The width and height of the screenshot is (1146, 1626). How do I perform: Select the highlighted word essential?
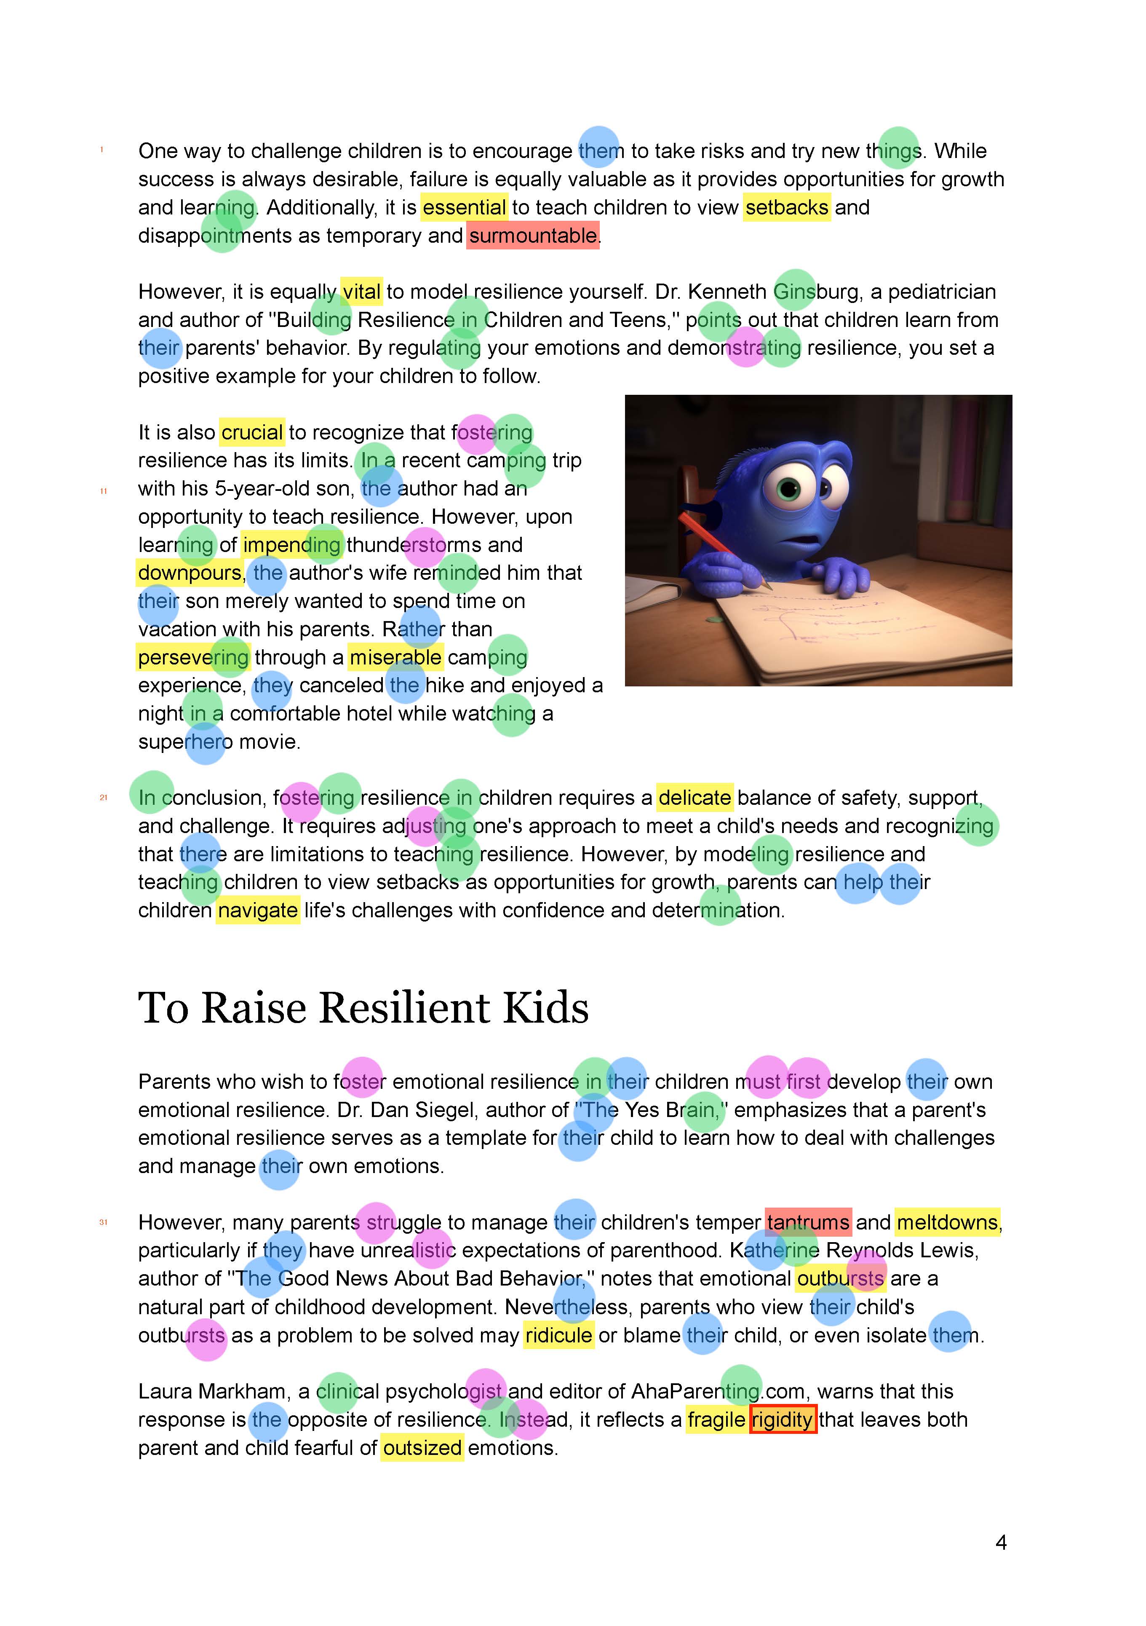pos(465,207)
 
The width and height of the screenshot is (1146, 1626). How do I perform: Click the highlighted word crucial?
pos(252,432)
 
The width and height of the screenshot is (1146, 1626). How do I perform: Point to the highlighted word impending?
pos(291,544)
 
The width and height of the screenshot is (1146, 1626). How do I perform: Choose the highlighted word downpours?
pos(190,572)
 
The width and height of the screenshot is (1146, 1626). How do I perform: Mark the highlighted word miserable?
pos(395,657)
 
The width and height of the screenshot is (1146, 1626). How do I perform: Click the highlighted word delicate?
pos(695,798)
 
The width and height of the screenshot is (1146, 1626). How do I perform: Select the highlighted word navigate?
pos(258,910)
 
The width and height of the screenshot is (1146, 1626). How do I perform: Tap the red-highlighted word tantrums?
pos(808,1222)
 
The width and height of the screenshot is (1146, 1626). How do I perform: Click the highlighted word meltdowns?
pos(947,1222)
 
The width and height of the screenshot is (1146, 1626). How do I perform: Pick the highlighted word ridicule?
pos(558,1335)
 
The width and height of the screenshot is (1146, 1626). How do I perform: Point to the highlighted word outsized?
pos(422,1447)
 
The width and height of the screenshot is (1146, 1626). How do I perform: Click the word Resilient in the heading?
pos(404,1008)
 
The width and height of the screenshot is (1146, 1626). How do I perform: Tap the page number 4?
pos(1000,1543)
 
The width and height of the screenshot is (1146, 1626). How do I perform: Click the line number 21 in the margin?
pos(103,798)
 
